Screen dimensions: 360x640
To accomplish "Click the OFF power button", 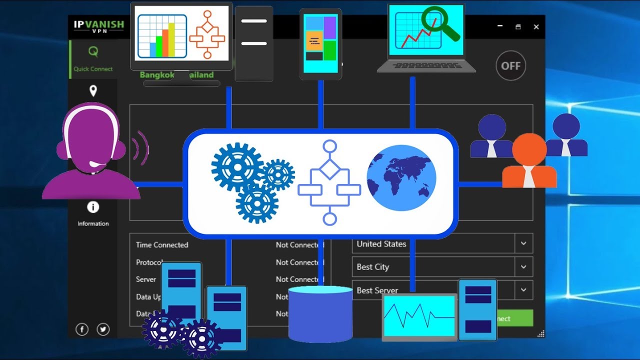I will pyautogui.click(x=510, y=65).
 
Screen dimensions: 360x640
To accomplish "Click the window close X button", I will pyautogui.click(x=536, y=27).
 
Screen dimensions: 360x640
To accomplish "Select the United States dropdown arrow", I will pyautogui.click(x=523, y=243).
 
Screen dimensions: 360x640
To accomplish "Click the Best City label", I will pyautogui.click(x=372, y=267).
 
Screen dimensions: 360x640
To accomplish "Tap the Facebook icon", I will pyautogui.click(x=82, y=329).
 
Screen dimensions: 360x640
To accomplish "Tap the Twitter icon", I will pyautogui.click(x=103, y=329).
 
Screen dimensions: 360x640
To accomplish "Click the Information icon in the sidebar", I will pyautogui.click(x=93, y=207).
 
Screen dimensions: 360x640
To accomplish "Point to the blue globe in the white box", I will pyautogui.click(x=401, y=178).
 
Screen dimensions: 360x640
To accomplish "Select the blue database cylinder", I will pyautogui.click(x=320, y=313).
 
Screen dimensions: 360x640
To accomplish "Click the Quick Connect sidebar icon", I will pyautogui.click(x=93, y=51).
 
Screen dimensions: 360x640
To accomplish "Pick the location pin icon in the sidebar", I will pyautogui.click(x=93, y=91).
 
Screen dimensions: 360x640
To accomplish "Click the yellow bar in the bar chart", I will pyautogui.click(x=171, y=39).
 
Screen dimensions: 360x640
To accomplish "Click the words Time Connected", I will pyautogui.click(x=162, y=245).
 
